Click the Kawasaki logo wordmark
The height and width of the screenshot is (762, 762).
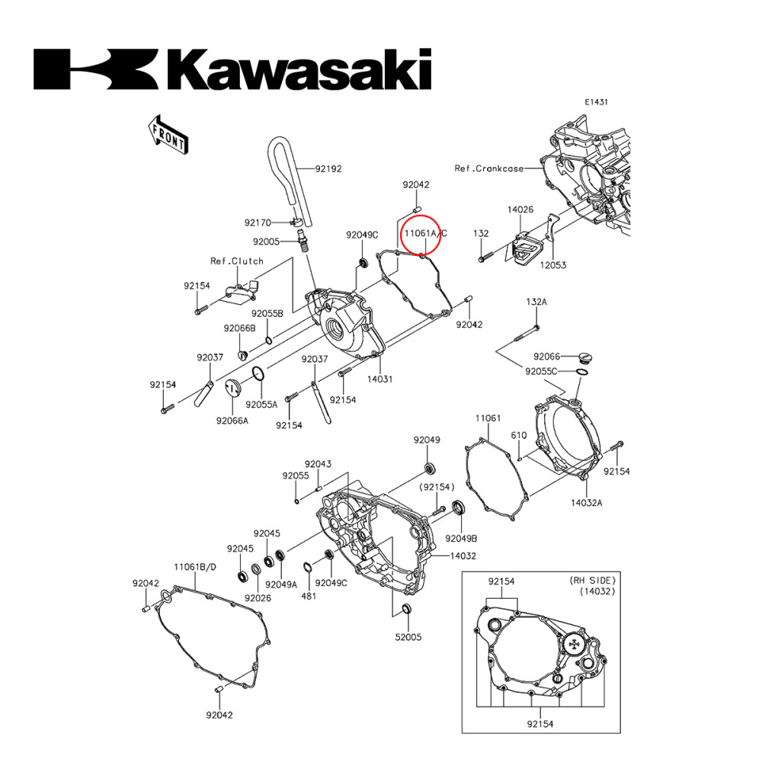(x=232, y=69)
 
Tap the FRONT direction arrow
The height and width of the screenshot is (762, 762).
(x=168, y=134)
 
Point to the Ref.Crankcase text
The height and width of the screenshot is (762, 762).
(x=488, y=168)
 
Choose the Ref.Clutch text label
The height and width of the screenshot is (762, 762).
(x=237, y=261)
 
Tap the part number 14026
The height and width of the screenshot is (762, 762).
(x=520, y=209)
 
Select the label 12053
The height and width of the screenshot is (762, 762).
(x=553, y=264)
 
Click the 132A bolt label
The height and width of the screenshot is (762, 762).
(x=536, y=302)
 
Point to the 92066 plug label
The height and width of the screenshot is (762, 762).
(x=546, y=356)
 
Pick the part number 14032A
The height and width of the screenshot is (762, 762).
(x=587, y=503)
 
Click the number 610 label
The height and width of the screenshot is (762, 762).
(x=518, y=435)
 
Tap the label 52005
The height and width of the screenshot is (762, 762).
(x=408, y=636)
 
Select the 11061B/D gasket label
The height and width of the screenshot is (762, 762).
(x=195, y=567)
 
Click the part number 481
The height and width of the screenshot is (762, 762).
(x=308, y=596)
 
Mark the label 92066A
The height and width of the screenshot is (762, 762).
(x=232, y=420)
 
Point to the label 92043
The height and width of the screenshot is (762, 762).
(x=318, y=464)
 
